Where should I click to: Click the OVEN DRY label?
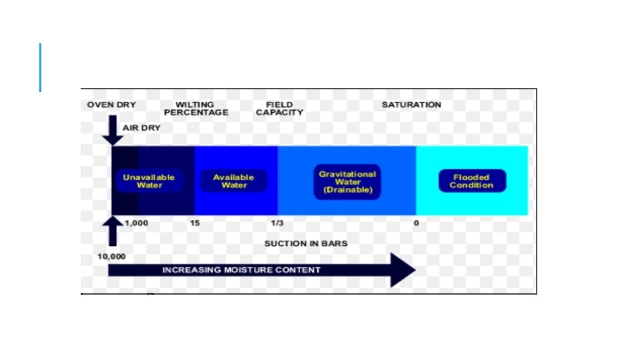coord(111,105)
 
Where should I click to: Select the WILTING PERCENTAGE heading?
coord(195,109)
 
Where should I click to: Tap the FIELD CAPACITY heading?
coord(279,109)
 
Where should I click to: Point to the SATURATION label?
coord(411,105)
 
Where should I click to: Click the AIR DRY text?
coord(141,127)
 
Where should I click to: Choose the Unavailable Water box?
coord(149,181)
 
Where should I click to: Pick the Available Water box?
coord(234,181)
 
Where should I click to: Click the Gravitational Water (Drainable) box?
coord(347,182)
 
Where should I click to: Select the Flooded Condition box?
coord(471,181)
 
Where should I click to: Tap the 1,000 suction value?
coord(137,223)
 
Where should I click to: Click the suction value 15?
coord(195,223)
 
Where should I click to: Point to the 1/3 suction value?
coord(277,223)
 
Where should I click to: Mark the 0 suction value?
coord(416,223)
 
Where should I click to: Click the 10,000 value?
coord(111,256)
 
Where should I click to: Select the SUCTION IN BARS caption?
coord(306,243)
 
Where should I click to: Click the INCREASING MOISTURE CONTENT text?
coord(241,270)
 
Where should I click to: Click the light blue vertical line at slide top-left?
coord(40,67)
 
